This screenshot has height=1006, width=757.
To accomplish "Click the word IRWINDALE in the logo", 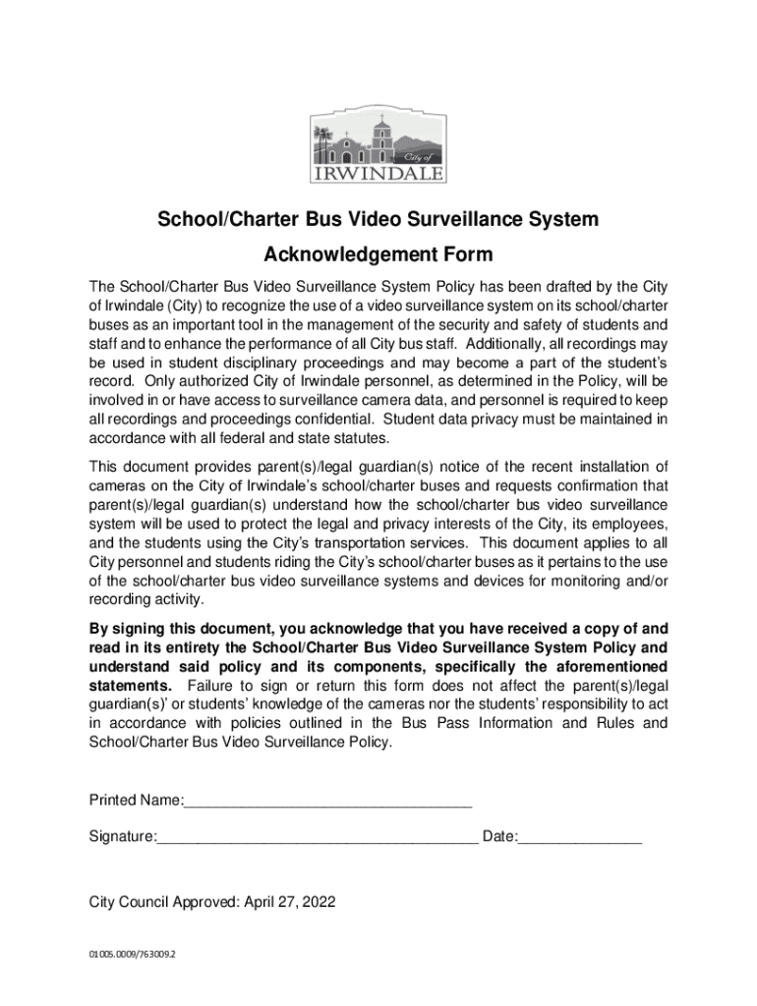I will click(378, 175).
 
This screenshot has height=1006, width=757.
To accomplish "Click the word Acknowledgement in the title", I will click(338, 255).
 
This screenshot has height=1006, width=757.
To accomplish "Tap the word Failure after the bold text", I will click(213, 685).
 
